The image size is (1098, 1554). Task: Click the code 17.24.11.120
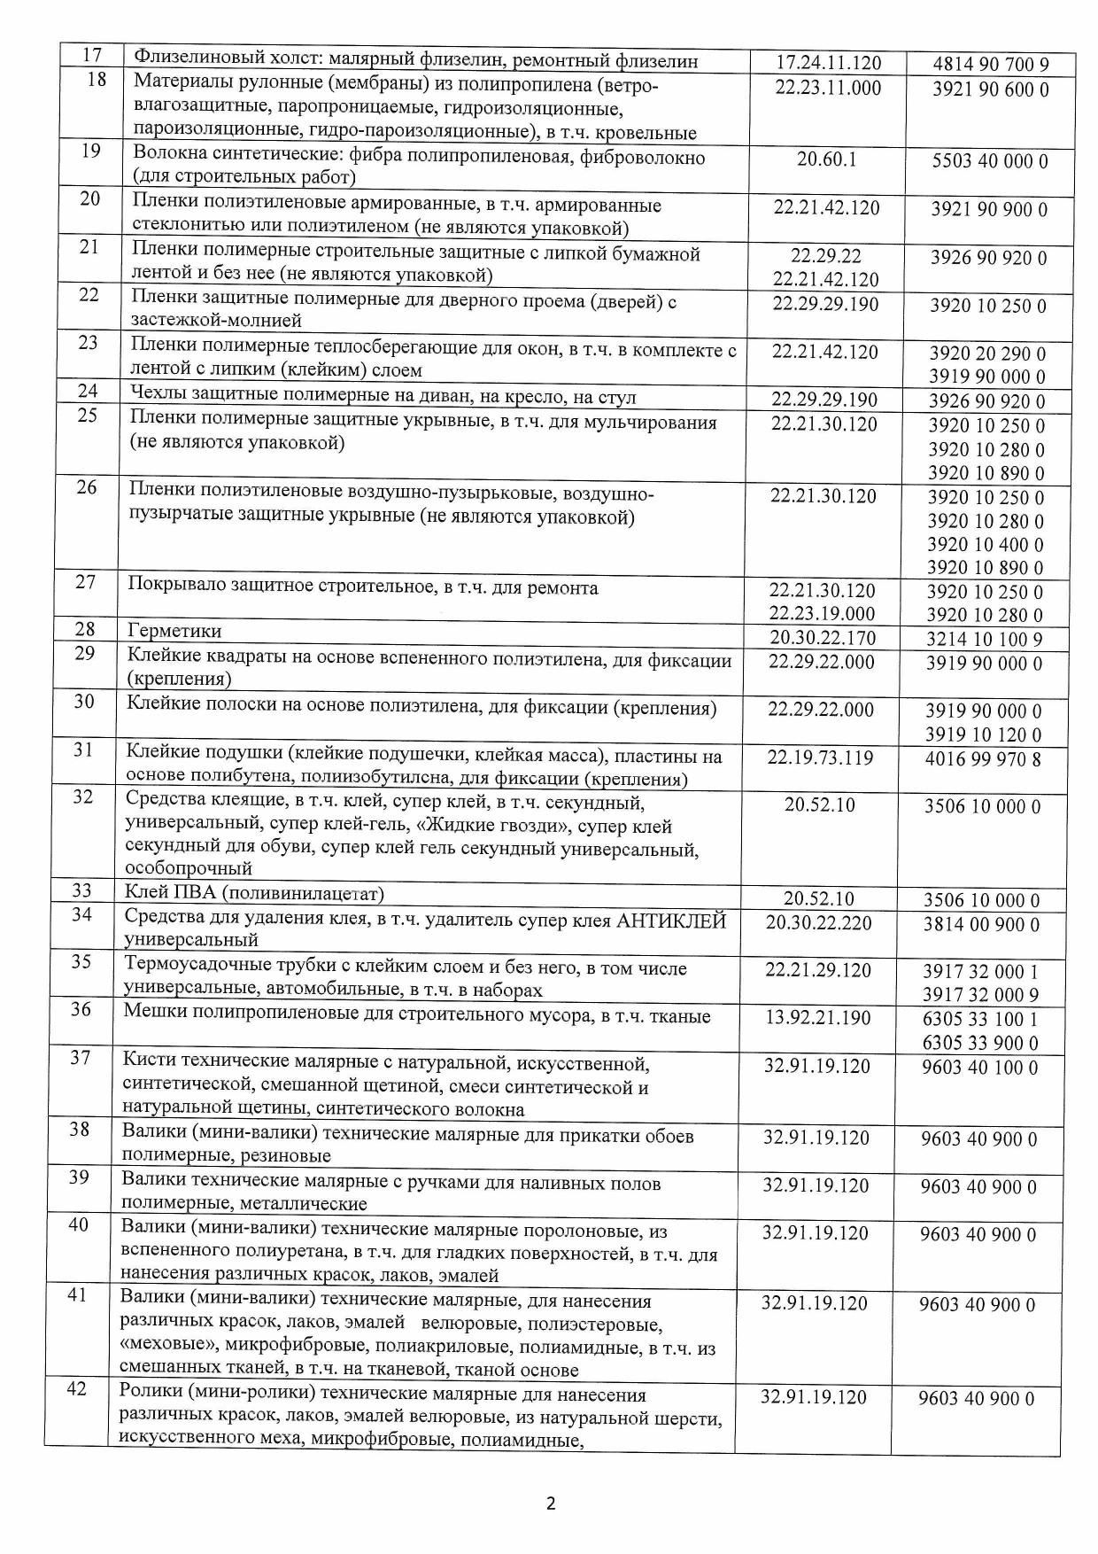click(828, 63)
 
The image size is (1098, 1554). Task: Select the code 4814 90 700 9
click(991, 65)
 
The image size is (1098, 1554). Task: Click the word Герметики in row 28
click(174, 631)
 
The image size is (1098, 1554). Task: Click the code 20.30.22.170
click(822, 638)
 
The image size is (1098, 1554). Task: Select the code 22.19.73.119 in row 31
click(820, 758)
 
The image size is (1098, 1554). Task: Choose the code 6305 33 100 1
click(980, 1020)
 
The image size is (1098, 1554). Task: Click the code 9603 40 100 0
click(979, 1068)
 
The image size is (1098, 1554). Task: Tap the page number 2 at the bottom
click(550, 1503)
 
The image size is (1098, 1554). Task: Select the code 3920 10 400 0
click(986, 545)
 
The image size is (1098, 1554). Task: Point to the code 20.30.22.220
click(818, 923)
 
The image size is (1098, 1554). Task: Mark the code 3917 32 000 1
click(980, 972)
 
